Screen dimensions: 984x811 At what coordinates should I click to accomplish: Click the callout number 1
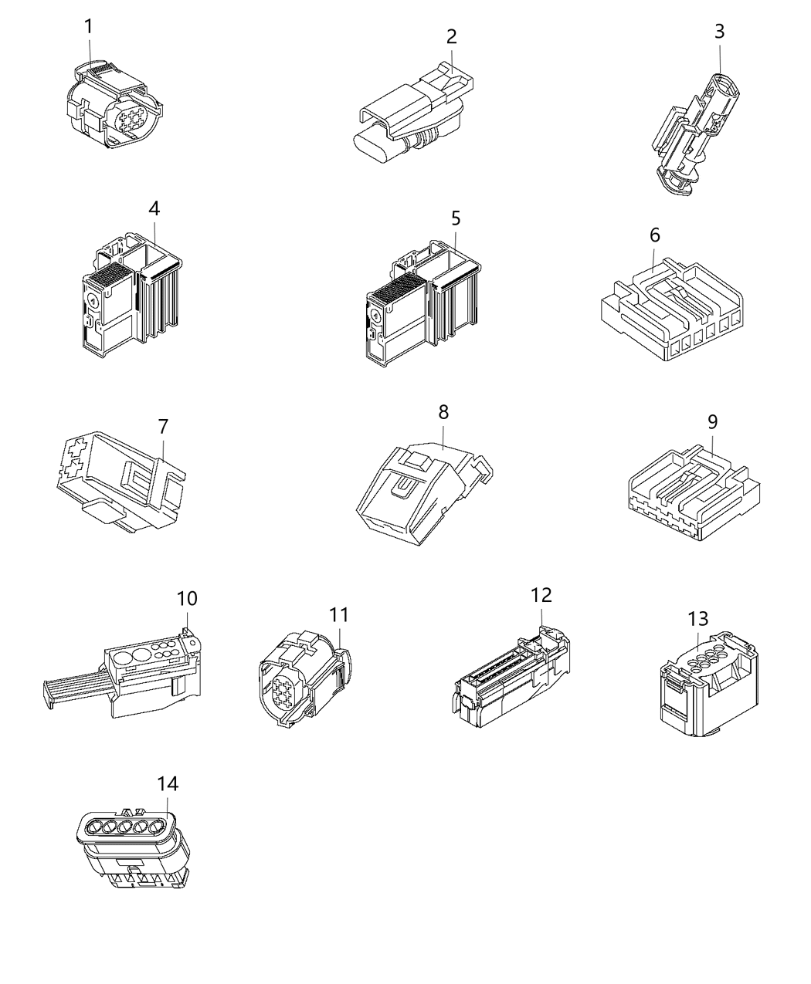(x=88, y=27)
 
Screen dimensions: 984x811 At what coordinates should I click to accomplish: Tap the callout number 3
(x=720, y=32)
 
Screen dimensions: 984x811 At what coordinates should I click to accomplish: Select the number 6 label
(x=655, y=235)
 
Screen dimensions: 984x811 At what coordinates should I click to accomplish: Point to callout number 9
(x=712, y=421)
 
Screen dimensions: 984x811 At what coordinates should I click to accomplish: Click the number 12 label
(x=541, y=596)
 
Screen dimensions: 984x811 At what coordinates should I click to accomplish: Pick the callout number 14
(x=168, y=784)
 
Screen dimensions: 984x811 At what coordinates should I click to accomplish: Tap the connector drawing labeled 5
(x=421, y=309)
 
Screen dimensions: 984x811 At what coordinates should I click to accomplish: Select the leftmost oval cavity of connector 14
(x=91, y=830)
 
